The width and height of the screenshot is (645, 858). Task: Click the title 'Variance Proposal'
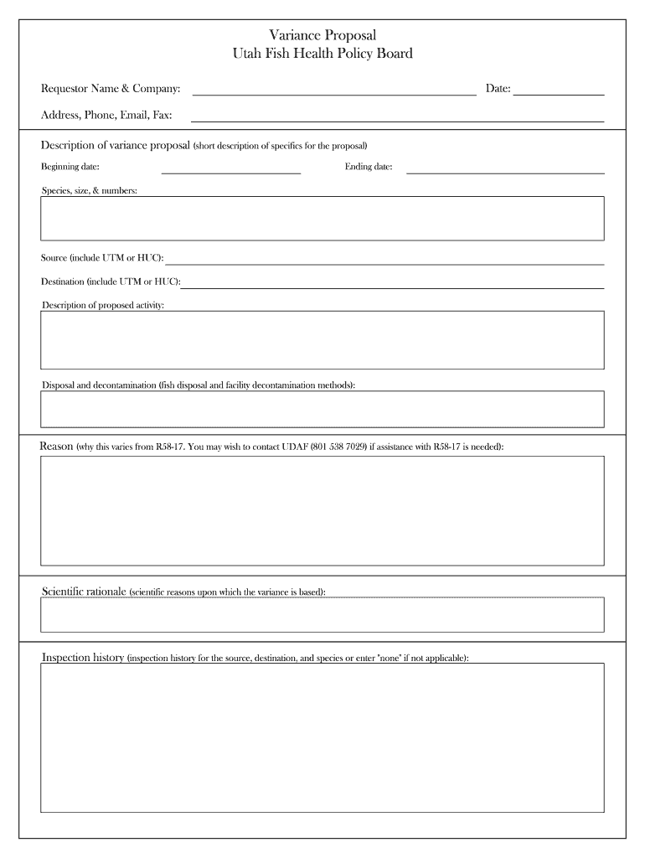tap(322, 34)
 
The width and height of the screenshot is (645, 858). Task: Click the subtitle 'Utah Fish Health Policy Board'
tap(322, 54)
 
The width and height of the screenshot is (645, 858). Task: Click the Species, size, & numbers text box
tap(322, 218)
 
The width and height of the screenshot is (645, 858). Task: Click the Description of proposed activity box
tap(322, 339)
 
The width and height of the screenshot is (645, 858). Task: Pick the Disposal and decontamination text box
tap(322, 409)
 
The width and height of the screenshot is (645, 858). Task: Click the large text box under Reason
tap(322, 510)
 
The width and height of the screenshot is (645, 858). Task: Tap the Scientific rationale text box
tap(322, 615)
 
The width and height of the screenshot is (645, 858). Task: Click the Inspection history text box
tap(322, 737)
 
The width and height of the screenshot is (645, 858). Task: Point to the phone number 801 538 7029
tap(338, 448)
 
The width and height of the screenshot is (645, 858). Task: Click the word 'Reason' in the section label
tap(56, 447)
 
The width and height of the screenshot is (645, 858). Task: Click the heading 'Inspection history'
tap(83, 658)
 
